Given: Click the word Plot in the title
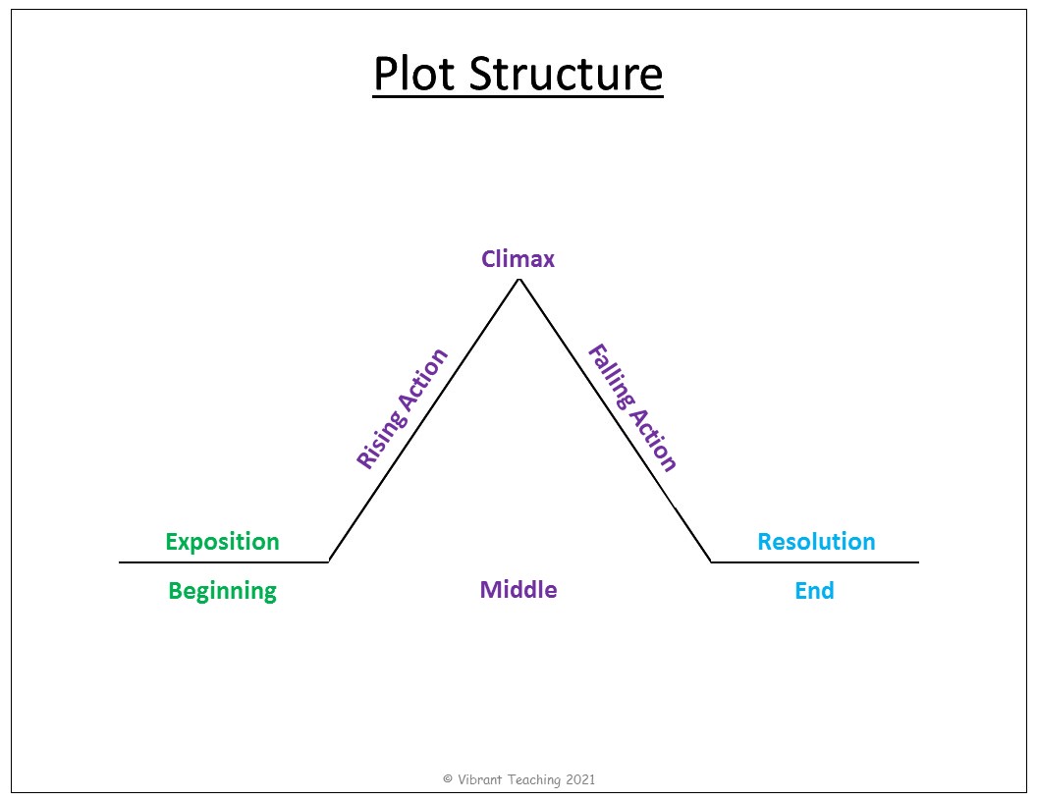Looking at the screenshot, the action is [414, 73].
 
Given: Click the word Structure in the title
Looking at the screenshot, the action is [566, 73].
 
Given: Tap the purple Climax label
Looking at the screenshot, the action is [518, 259].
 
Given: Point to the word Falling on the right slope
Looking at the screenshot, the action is [611, 377].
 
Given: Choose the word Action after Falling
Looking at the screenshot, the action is [653, 440].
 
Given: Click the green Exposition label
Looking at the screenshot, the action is [222, 542].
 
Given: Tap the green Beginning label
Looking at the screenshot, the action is [222, 591].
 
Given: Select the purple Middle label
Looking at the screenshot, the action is [518, 590].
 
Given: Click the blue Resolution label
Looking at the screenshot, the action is [816, 542].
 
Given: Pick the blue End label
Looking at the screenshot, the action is [814, 590].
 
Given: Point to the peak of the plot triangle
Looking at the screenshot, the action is [519, 280].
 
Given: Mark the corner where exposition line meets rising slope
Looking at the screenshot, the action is [329, 561].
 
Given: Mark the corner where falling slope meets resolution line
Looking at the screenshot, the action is [711, 561].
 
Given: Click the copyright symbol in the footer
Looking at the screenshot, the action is [448, 779].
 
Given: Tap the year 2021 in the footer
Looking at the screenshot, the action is [580, 779].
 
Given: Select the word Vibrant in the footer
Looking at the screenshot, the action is [480, 779].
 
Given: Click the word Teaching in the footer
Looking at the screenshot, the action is [534, 780].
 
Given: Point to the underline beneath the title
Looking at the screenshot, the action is [518, 97].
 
